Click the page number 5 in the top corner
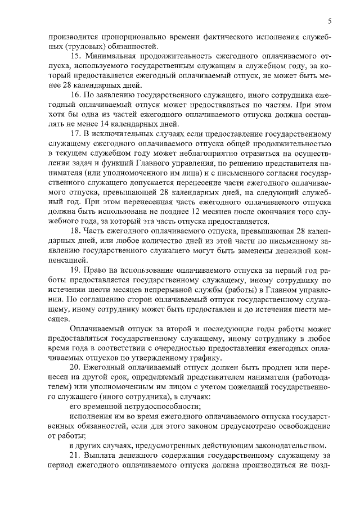(330, 21)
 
